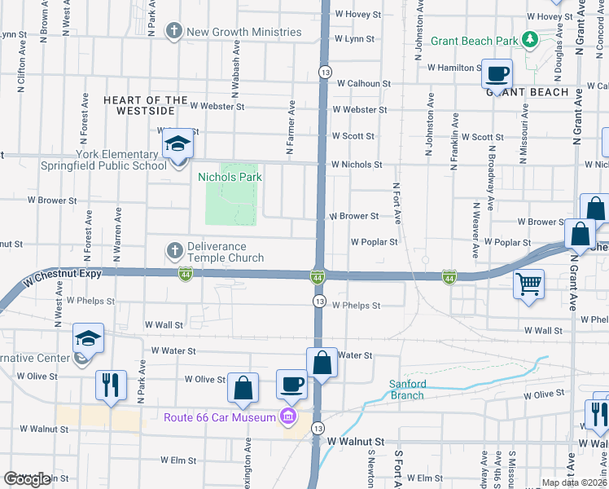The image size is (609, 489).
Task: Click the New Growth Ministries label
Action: (244, 32)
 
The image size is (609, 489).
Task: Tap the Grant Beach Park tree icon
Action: (530, 39)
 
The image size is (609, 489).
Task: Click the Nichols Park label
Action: (230, 176)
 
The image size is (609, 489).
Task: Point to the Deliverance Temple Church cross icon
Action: (173, 249)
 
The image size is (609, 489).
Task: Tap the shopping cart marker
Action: (529, 284)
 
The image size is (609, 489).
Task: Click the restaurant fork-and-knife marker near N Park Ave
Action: (111, 383)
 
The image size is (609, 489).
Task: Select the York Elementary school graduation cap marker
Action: (178, 144)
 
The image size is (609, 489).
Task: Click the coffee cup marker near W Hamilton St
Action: (496, 73)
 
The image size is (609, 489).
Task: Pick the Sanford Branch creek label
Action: (407, 390)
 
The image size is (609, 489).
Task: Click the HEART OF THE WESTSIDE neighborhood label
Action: (139, 104)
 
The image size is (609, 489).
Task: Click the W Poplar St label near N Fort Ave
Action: (375, 242)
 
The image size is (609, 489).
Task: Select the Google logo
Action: (27, 479)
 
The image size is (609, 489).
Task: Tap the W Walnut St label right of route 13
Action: (356, 441)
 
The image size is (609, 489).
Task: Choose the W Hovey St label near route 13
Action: (357, 15)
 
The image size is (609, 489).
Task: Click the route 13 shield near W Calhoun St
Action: (325, 72)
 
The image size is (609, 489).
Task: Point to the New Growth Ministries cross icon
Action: (173, 32)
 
